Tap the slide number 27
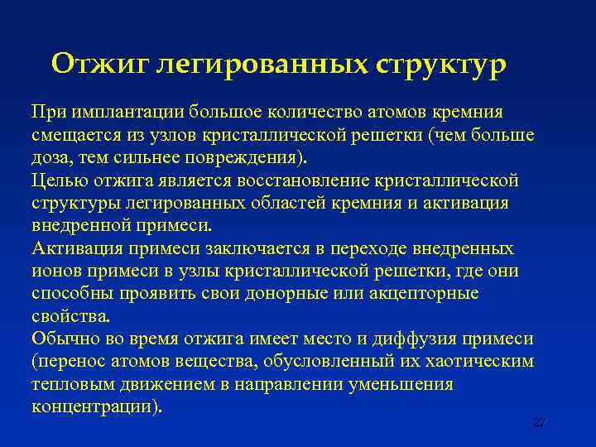point(539,422)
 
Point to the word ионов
point(54,272)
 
